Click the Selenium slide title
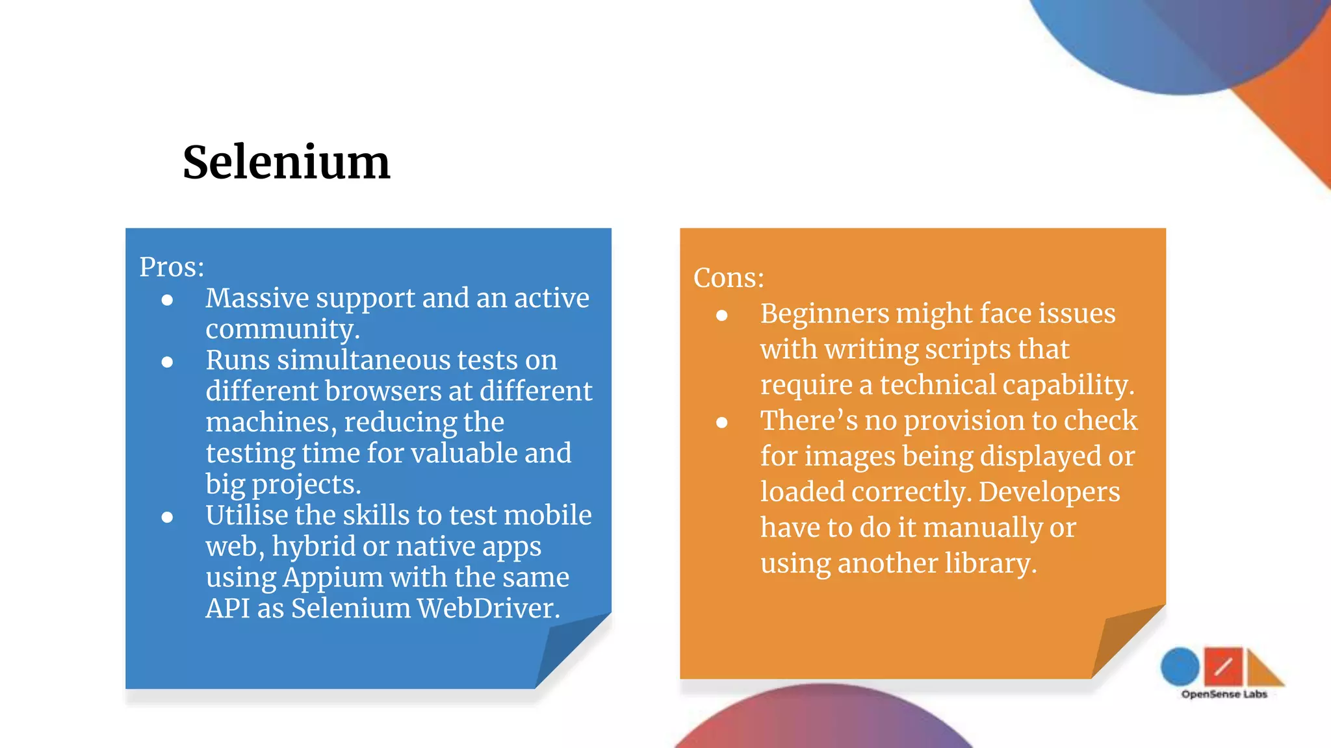[x=286, y=162]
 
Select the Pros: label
[x=172, y=267]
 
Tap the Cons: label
[x=729, y=278]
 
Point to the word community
[x=282, y=329]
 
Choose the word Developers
[x=1049, y=492]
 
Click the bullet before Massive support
[x=168, y=300]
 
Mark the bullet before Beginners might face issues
[x=721, y=316]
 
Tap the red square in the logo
[x=1222, y=666]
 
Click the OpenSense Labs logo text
[x=1224, y=694]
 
